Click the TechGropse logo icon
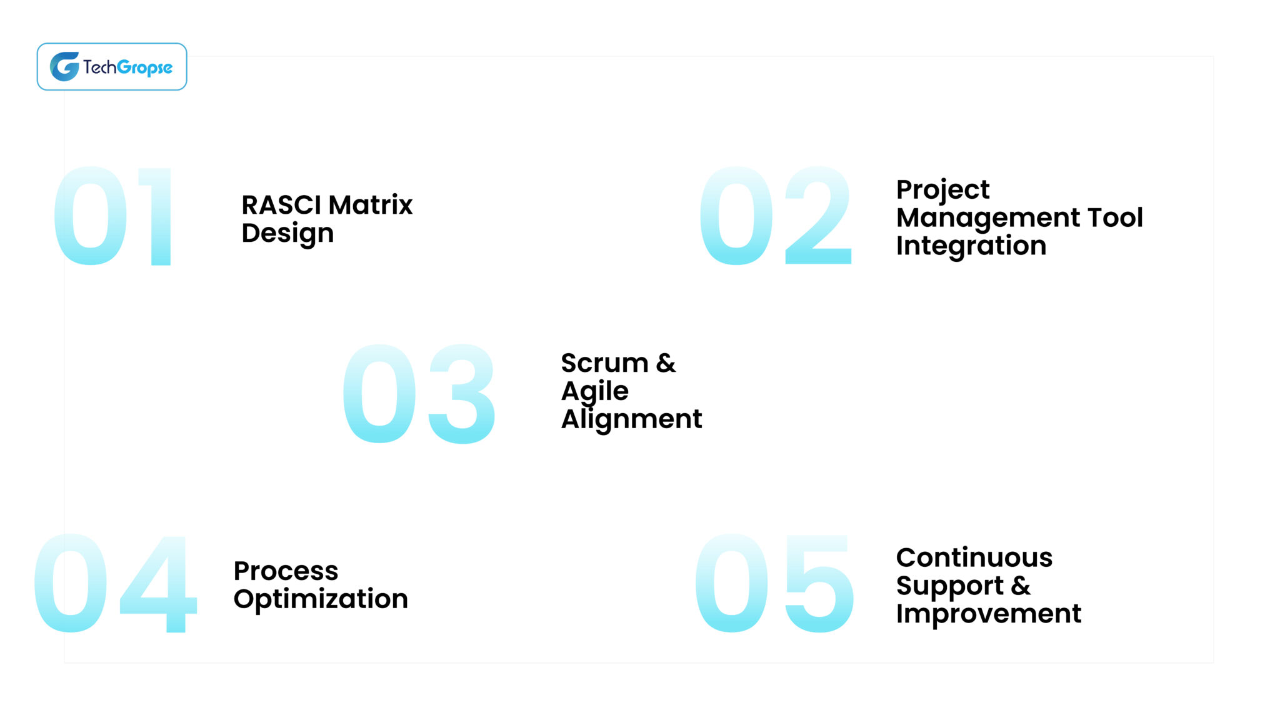64,66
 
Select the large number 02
775,216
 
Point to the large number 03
419,394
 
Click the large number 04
116,583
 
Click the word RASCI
281,205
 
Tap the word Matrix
371,205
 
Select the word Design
287,233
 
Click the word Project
942,190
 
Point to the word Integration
971,246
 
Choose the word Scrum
604,363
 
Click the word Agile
594,391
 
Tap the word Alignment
631,419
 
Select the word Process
286,571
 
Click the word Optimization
321,599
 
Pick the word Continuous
974,557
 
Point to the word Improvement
988,614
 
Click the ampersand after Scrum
666,363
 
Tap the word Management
988,217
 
